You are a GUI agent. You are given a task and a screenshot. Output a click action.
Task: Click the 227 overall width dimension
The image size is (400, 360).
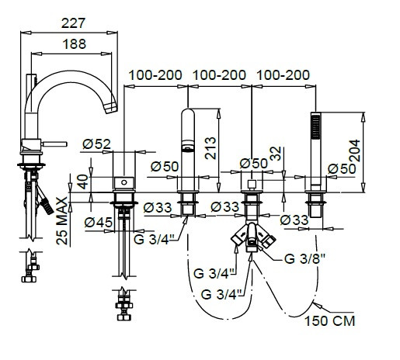73,23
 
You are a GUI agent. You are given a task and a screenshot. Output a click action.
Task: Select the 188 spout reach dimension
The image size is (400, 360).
75,44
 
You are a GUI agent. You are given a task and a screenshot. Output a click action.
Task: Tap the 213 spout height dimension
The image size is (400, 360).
210,148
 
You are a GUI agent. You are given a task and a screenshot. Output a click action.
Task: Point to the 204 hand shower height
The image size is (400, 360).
354,151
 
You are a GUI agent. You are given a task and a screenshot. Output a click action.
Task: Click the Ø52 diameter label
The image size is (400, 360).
97,144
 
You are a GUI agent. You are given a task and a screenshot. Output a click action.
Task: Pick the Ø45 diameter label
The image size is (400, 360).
99,222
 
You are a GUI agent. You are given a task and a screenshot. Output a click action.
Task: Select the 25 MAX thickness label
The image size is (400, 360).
62,221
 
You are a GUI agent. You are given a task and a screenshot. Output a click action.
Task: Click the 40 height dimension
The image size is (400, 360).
83,182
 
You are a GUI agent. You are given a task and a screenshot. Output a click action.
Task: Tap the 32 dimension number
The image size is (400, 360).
276,154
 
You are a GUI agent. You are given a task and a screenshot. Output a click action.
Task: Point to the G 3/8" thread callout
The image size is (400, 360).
305,258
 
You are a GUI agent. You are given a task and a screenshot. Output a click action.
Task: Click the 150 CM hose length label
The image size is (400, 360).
329,321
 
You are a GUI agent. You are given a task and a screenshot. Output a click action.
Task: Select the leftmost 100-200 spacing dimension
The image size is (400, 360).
155,75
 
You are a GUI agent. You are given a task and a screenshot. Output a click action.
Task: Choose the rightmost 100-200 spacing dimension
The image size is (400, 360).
283,75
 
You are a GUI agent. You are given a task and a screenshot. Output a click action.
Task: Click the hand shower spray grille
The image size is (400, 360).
316,127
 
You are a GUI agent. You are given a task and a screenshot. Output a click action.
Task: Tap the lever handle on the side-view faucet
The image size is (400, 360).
54,144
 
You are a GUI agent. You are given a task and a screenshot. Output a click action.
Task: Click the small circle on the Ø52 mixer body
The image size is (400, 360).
124,182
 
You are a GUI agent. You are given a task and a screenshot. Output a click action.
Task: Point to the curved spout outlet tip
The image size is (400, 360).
111,107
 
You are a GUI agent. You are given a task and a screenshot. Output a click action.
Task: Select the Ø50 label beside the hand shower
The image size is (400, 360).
342,169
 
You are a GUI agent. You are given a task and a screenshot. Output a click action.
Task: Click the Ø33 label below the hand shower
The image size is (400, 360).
294,220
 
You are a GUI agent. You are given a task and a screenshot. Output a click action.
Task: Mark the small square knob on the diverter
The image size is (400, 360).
252,185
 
